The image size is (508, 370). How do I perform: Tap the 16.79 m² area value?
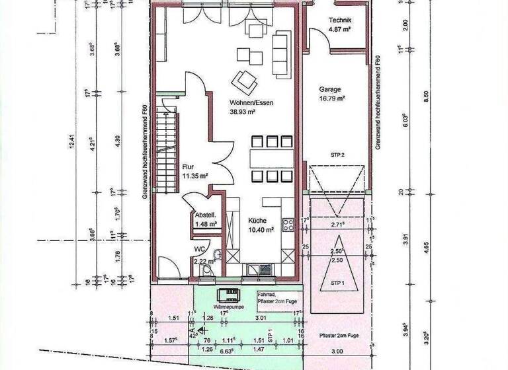[x=333, y=98]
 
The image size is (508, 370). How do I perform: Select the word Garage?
[x=330, y=89]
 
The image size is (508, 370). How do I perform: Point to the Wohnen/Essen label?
[x=251, y=103]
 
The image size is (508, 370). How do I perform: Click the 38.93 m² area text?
[x=243, y=112]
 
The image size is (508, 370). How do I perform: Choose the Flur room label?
[x=189, y=168]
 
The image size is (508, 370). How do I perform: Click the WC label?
[x=198, y=249]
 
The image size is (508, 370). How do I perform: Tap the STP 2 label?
[x=338, y=154]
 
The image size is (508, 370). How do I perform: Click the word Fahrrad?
[x=267, y=294]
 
